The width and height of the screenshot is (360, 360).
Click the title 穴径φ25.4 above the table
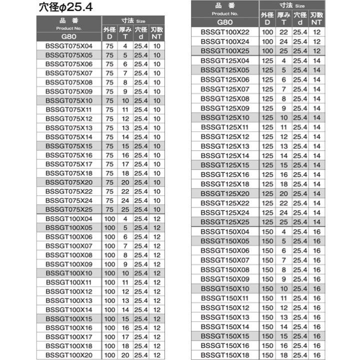(65, 7)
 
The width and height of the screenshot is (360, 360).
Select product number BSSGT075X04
(68, 45)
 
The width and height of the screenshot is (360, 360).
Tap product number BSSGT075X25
(68, 209)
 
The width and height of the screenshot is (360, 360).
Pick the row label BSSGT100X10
(68, 273)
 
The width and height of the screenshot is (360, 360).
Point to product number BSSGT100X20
(68, 354)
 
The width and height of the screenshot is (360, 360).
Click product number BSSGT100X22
(224, 32)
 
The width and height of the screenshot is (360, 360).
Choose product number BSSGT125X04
(224, 60)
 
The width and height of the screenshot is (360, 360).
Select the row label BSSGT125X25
(224, 221)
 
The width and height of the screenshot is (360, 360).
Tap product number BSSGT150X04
(224, 231)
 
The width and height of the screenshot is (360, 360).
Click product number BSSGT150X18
(224, 354)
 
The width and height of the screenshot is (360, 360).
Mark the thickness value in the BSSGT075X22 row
(125, 191)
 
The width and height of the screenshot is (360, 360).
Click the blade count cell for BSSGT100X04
(157, 218)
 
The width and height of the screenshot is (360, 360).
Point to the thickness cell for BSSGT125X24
(283, 212)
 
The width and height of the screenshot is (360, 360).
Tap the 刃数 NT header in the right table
(316, 18)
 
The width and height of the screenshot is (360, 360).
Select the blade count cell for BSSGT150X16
(316, 345)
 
